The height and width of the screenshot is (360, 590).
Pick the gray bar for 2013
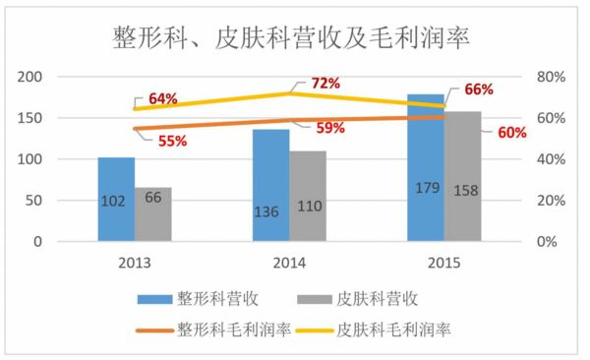point(153,213)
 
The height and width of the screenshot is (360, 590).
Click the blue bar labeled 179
point(426,167)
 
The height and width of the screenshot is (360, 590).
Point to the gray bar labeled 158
point(463,176)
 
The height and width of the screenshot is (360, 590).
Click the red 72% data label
point(324,84)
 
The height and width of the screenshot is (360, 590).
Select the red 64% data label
point(163,98)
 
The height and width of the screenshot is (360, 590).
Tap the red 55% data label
point(172,142)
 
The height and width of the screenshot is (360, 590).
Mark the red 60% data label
point(512,133)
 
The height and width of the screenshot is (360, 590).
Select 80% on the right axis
point(549,77)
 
